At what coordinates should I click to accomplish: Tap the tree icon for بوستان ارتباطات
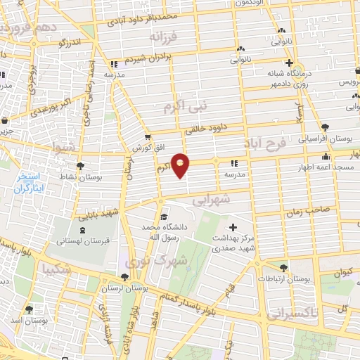(x=283, y=268)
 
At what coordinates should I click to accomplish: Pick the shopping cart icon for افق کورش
(x=147, y=138)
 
